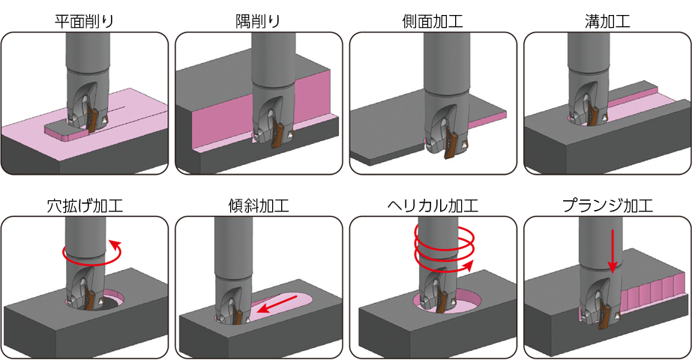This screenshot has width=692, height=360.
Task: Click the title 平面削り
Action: [x=84, y=21]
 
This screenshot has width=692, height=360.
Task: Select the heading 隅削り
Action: [x=258, y=21]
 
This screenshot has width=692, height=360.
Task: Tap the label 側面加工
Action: [x=433, y=21]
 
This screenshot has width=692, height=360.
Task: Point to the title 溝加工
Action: [x=607, y=21]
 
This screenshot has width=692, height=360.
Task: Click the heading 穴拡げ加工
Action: [x=85, y=205]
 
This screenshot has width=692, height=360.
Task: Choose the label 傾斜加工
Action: [x=259, y=205]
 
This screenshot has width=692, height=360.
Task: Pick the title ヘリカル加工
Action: [x=433, y=205]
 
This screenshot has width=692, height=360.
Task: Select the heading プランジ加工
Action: [x=607, y=205]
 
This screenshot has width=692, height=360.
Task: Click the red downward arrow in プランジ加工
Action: [x=612, y=250]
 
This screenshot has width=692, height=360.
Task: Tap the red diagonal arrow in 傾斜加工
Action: [x=277, y=304]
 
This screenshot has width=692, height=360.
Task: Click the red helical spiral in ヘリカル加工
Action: [x=444, y=247]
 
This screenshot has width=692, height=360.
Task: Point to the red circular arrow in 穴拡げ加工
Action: [x=91, y=253]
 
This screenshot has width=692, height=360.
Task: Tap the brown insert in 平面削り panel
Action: [x=93, y=118]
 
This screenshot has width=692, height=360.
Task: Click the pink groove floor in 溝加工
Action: [x=636, y=106]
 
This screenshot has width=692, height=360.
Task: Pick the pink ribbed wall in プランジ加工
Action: [x=649, y=294]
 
